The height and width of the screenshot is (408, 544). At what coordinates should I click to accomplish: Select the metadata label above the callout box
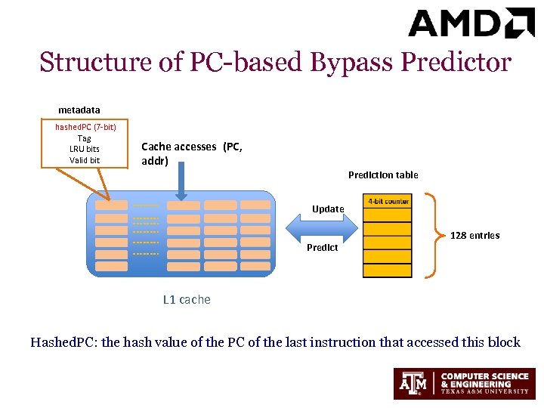[x=79, y=110]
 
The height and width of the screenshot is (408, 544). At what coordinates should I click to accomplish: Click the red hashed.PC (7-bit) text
[x=85, y=127]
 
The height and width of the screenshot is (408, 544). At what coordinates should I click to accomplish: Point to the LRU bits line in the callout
[x=85, y=149]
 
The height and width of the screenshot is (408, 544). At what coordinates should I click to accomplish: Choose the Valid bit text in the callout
[x=85, y=160]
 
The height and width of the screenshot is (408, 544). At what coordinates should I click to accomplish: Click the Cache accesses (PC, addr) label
[x=192, y=153]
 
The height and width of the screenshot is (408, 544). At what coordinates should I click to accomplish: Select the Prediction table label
[x=383, y=175]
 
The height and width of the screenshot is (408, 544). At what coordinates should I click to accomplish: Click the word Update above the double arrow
[x=328, y=209]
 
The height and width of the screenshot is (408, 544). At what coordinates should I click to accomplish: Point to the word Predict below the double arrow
[x=323, y=248]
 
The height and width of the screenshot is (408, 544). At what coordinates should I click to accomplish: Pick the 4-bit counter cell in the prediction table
[x=388, y=202]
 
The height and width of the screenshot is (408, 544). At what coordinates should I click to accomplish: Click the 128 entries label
[x=474, y=236]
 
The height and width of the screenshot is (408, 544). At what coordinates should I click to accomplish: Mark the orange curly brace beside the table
[x=435, y=236]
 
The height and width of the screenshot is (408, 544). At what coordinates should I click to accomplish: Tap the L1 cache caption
[x=187, y=300]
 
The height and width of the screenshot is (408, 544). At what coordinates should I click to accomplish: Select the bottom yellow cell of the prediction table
[x=388, y=270]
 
